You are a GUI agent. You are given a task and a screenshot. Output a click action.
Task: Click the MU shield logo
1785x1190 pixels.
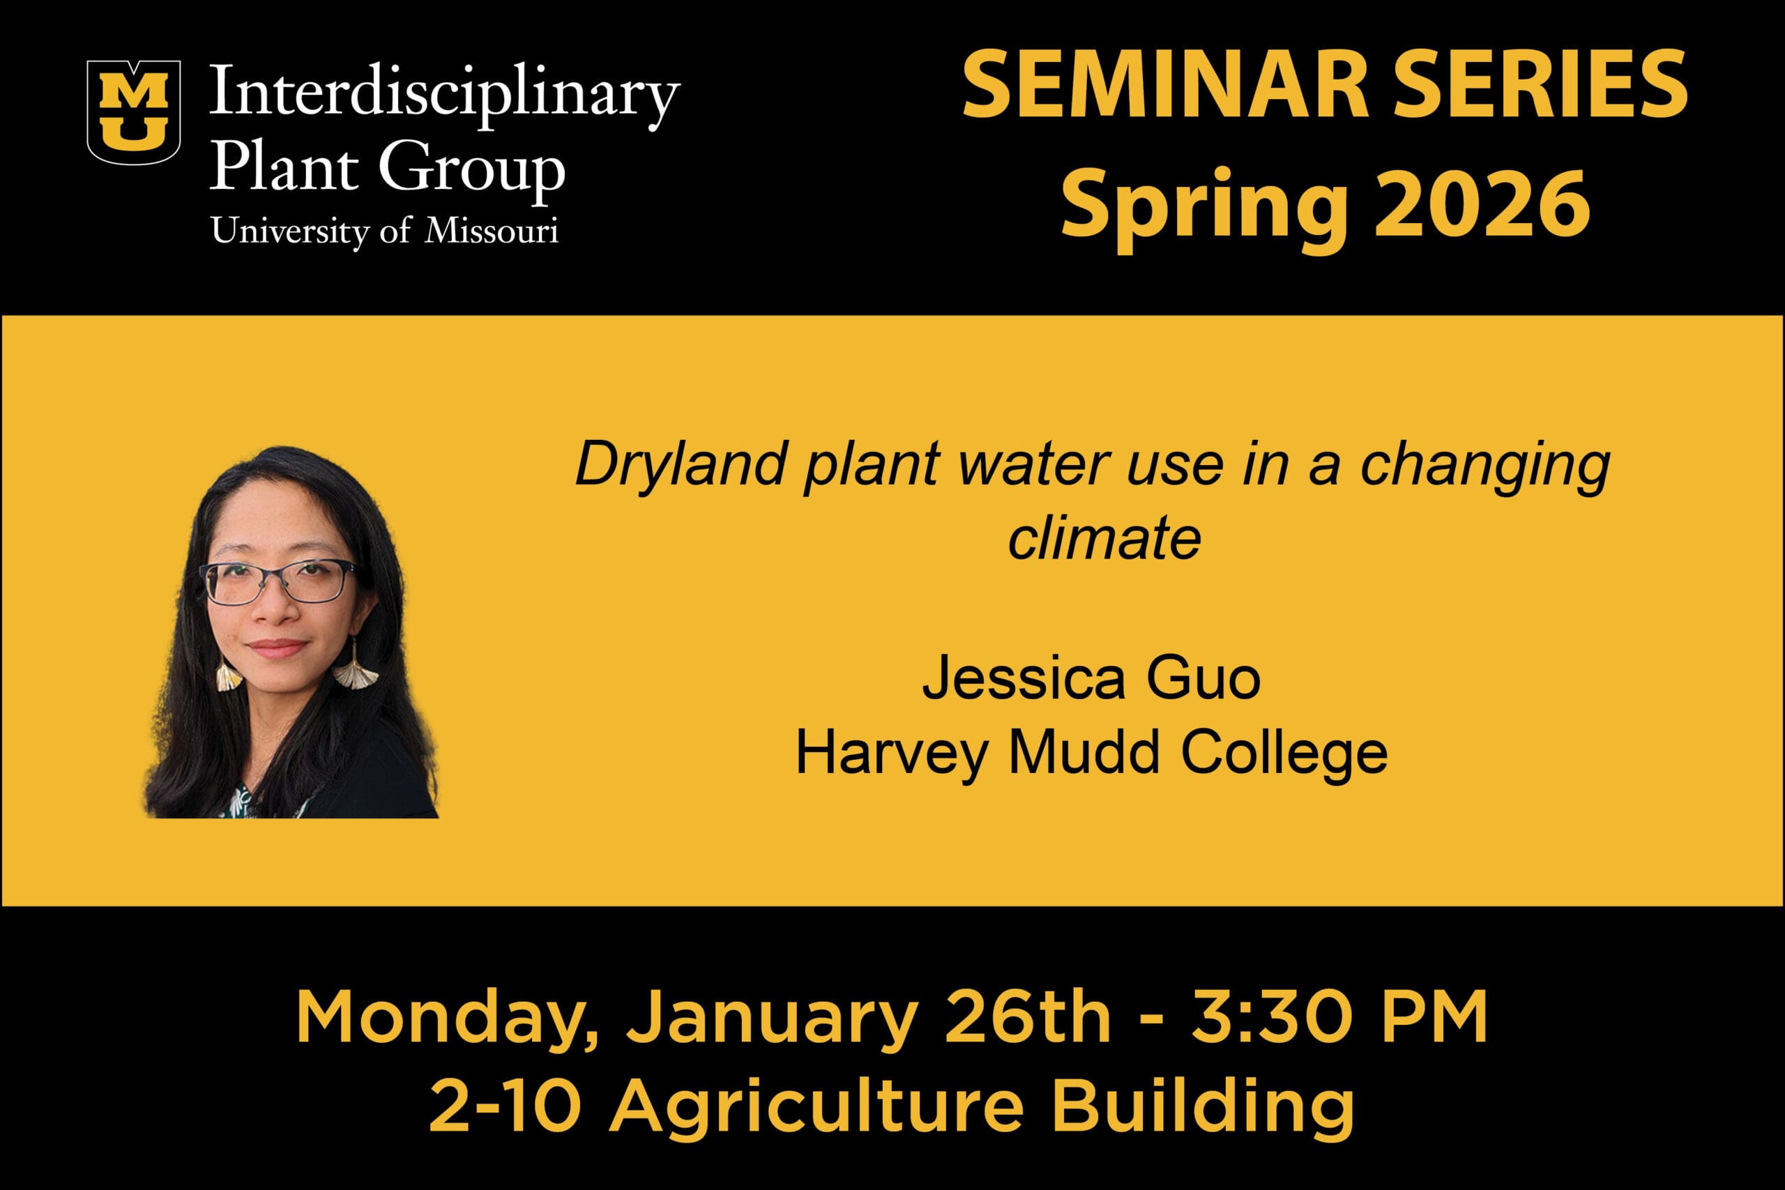point(134,112)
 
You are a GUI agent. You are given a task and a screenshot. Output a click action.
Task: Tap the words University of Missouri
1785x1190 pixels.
point(385,231)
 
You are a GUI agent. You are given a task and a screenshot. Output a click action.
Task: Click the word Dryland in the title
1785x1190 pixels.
point(680,464)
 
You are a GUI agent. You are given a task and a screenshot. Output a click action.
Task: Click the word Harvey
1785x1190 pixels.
point(892,754)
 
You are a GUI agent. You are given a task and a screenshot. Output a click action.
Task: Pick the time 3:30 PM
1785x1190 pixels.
point(1339,1017)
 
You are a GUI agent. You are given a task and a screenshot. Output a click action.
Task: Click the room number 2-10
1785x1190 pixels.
point(506,1106)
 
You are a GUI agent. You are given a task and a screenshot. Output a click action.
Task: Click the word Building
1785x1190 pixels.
point(1203,1106)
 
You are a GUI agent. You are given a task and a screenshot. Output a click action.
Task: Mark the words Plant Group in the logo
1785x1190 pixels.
point(387,167)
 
